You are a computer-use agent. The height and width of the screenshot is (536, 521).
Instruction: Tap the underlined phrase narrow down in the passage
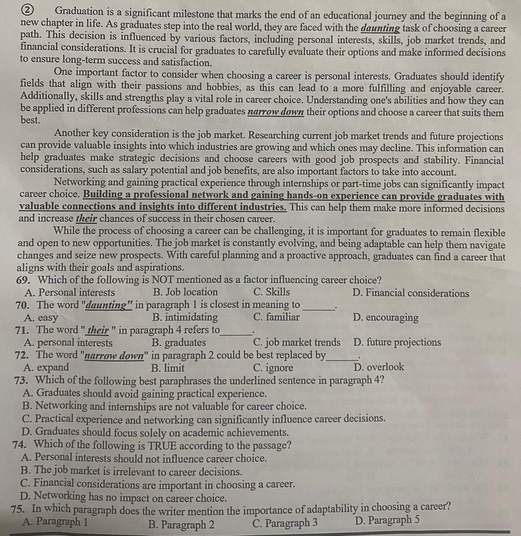(275, 112)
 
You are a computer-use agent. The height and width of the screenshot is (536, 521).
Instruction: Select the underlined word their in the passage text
(86, 219)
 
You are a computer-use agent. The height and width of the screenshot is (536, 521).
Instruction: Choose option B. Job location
(185, 292)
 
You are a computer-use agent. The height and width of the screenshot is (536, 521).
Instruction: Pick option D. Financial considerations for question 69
(411, 293)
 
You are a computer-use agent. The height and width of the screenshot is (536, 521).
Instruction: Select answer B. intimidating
(185, 317)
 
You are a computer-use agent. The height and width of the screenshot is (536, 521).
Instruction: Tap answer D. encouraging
(386, 318)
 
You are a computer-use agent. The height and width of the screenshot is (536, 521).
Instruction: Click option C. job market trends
(297, 342)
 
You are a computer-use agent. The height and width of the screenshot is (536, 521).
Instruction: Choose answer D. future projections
(397, 342)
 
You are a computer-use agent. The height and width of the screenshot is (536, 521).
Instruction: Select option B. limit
(168, 367)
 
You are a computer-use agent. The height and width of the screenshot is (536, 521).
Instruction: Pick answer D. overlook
(379, 367)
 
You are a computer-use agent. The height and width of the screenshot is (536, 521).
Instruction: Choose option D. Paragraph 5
(387, 521)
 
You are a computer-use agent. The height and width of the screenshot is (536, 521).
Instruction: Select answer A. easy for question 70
(41, 318)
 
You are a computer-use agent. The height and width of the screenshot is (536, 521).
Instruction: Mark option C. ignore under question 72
(273, 367)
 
